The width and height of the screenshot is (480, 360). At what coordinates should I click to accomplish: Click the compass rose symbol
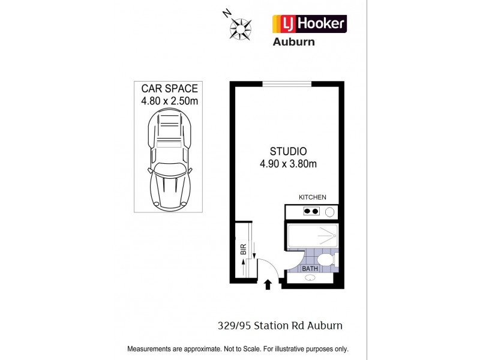click(x=241, y=28)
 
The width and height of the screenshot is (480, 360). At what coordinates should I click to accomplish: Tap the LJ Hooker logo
click(x=310, y=23)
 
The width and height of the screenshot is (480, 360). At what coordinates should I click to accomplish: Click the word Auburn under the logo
click(x=294, y=42)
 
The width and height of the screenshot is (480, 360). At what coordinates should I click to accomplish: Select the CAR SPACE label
click(x=169, y=89)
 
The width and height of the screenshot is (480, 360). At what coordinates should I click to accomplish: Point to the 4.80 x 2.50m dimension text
click(x=169, y=101)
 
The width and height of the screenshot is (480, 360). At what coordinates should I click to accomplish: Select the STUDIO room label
click(x=287, y=151)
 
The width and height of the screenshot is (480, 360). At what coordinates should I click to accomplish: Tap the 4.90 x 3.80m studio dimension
click(x=287, y=163)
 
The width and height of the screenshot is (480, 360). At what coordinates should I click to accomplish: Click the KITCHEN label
click(x=312, y=197)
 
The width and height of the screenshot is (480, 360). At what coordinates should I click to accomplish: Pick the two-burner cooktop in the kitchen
click(x=311, y=211)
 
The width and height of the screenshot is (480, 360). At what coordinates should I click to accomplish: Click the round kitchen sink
click(x=329, y=212)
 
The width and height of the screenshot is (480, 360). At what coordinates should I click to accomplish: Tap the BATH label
click(x=310, y=269)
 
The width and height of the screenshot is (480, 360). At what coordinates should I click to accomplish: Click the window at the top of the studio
click(x=287, y=84)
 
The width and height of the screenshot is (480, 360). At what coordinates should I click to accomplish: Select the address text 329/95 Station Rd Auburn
click(x=280, y=326)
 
